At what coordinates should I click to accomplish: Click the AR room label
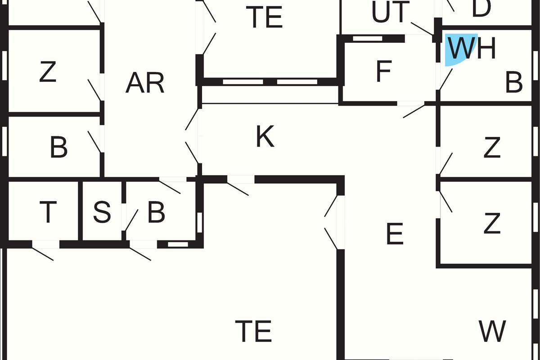point(145,83)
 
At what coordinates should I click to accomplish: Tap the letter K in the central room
point(265,136)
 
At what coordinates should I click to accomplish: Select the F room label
point(383,71)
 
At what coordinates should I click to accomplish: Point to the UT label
point(391,12)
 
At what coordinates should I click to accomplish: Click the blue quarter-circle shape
point(458,48)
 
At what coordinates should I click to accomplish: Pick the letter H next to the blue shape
point(486,48)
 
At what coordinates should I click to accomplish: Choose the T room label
point(48,212)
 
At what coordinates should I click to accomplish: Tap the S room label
point(102,212)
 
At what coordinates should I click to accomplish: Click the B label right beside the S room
point(156,212)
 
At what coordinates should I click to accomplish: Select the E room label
point(395,234)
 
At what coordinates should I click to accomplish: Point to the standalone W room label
point(492,331)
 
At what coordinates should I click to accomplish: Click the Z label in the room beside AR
point(48,72)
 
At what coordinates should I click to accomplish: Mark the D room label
point(481,8)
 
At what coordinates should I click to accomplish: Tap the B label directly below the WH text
point(514,82)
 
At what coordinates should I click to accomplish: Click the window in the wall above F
point(367,38)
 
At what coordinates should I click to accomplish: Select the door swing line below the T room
point(43,254)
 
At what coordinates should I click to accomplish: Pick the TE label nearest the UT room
point(264,17)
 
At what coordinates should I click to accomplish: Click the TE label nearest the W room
point(253,331)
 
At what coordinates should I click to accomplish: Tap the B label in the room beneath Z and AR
point(58,147)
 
